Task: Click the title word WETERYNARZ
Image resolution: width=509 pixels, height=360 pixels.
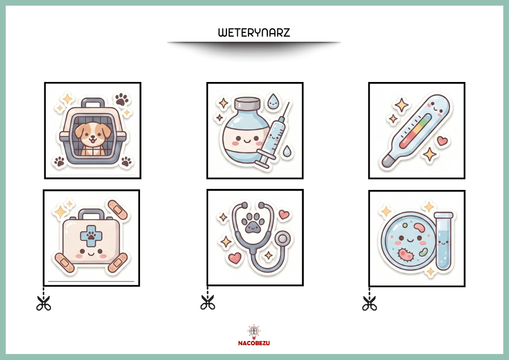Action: point(254,33)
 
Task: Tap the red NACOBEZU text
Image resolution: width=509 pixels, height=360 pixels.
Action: point(254,343)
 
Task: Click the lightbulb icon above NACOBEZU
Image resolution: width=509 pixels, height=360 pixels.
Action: point(254,332)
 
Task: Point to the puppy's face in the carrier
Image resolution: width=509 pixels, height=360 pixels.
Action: point(93,134)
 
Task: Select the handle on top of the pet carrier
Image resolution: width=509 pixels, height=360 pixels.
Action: point(93,103)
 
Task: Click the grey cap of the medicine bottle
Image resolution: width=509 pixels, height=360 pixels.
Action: point(247,103)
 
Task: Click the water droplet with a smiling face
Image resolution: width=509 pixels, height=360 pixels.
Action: point(273,101)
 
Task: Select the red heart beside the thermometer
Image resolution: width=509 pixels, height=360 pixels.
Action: point(442,141)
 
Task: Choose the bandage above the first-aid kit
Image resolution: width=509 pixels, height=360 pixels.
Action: point(119,210)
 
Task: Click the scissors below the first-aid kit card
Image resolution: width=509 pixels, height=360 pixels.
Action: point(43,303)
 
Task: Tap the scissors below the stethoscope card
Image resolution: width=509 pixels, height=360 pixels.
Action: point(208,302)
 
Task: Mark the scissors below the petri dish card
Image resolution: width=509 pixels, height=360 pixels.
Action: point(370,303)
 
